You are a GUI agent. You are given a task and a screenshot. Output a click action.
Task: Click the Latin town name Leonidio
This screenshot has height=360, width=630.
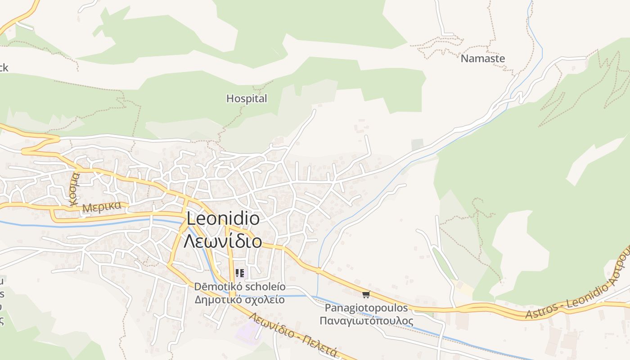click(223, 219)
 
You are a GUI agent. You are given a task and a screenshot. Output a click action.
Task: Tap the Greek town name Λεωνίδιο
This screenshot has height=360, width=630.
click(223, 241)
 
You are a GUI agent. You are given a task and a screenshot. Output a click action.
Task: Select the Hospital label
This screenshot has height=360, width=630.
click(247, 99)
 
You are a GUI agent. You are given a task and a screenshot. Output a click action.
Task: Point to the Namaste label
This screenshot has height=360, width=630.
click(483, 58)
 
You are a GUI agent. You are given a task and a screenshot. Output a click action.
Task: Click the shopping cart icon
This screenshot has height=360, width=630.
click(366, 294)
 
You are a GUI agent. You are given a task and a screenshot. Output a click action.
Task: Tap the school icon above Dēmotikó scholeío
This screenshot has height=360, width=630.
click(240, 273)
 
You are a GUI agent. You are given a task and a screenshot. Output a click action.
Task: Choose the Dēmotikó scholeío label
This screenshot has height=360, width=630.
click(240, 287)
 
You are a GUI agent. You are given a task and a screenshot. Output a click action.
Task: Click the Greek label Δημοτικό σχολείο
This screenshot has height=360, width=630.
click(240, 300)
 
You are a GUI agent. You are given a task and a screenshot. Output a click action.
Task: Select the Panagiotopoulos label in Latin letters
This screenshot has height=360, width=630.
click(366, 308)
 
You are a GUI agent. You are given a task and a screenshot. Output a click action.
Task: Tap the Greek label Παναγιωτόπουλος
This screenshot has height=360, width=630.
click(366, 321)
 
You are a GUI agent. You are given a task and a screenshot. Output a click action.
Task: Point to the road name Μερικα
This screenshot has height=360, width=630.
click(102, 207)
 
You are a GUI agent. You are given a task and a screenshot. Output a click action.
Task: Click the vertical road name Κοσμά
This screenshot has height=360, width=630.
click(74, 189)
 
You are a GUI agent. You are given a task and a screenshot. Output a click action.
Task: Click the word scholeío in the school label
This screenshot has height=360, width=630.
click(264, 287)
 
